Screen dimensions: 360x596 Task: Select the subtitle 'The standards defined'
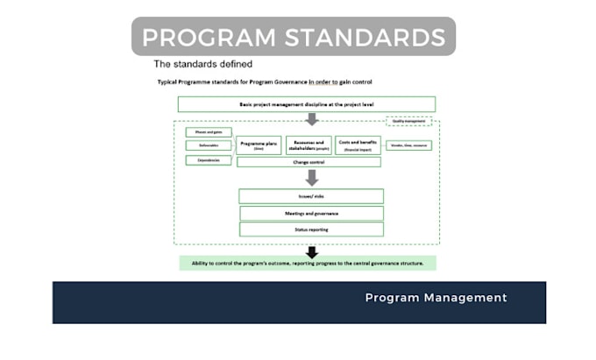click(x=203, y=64)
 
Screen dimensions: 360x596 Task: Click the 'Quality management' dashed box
click(x=408, y=122)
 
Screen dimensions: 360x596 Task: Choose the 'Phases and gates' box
click(x=208, y=132)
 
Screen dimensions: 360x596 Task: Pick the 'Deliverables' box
click(x=208, y=146)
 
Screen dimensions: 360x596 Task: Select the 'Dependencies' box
click(x=208, y=160)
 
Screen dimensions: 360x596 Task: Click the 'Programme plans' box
click(x=259, y=145)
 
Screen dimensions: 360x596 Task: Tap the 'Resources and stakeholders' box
click(x=309, y=145)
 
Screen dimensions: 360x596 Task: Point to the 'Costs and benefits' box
click(x=358, y=145)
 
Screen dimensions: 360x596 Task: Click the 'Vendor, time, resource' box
click(x=408, y=145)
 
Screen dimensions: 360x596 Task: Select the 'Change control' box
click(x=309, y=162)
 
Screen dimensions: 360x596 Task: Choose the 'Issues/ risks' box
click(x=311, y=196)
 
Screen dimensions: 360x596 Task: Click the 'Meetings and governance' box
click(x=311, y=213)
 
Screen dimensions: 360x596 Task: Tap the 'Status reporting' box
click(x=311, y=229)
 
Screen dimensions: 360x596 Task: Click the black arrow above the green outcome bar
click(x=311, y=251)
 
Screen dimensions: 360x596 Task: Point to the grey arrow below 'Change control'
click(x=311, y=177)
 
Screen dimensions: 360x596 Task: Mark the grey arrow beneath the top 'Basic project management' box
click(x=311, y=119)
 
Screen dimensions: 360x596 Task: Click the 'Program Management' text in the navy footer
click(x=436, y=298)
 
